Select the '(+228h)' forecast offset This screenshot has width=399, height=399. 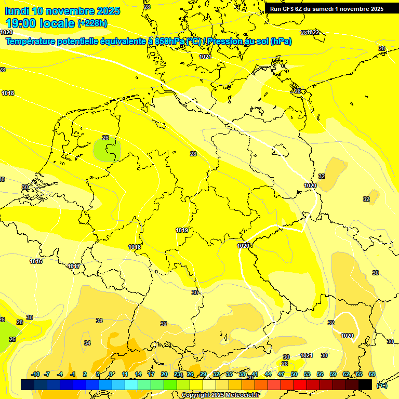click(92, 23)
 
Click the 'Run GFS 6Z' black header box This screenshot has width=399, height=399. click(327, 8)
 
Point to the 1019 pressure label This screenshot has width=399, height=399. click(182, 230)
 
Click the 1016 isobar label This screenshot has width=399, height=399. click(36, 261)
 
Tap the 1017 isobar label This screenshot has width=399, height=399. click(74, 267)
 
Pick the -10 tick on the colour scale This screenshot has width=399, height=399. click(35, 374)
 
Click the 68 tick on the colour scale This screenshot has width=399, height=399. click(372, 374)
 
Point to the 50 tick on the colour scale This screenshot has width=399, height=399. click(294, 374)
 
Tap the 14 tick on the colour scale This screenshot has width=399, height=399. click(138, 374)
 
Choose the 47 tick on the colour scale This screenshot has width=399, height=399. click(281, 374)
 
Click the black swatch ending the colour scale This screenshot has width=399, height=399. click(365, 384)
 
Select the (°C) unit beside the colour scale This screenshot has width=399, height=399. click(382, 385)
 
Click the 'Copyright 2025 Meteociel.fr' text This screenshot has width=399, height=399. click(221, 395)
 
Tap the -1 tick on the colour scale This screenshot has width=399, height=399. click(73, 374)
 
